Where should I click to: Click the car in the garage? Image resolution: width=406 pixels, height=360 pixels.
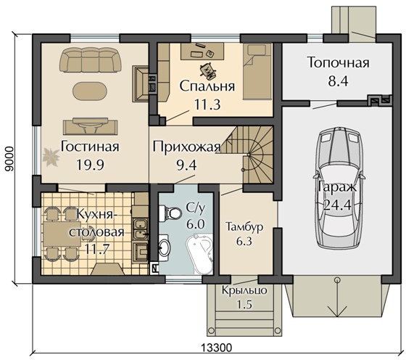click(339, 187)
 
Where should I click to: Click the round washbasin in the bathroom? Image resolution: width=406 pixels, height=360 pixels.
click(164, 247)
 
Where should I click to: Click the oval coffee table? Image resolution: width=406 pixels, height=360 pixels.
click(89, 91)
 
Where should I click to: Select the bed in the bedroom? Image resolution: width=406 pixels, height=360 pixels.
click(257, 72)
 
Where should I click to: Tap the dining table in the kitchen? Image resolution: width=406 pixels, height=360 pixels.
click(62, 234)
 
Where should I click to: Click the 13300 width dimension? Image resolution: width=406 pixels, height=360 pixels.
click(216, 348)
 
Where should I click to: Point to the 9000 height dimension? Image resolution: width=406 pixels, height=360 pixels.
click(9, 159)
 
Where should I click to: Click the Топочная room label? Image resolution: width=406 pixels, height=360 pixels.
click(339, 62)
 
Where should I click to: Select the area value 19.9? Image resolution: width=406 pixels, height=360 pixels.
click(91, 165)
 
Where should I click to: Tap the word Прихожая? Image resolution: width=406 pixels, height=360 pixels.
click(186, 147)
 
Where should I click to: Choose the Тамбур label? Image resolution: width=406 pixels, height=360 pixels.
click(244, 226)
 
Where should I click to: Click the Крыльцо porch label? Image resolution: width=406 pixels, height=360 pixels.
click(244, 290)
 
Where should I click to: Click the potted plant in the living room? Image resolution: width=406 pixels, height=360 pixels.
click(51, 157)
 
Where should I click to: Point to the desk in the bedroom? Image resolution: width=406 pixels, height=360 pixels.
click(202, 52)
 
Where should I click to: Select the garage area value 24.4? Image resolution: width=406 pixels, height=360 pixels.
click(337, 205)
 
